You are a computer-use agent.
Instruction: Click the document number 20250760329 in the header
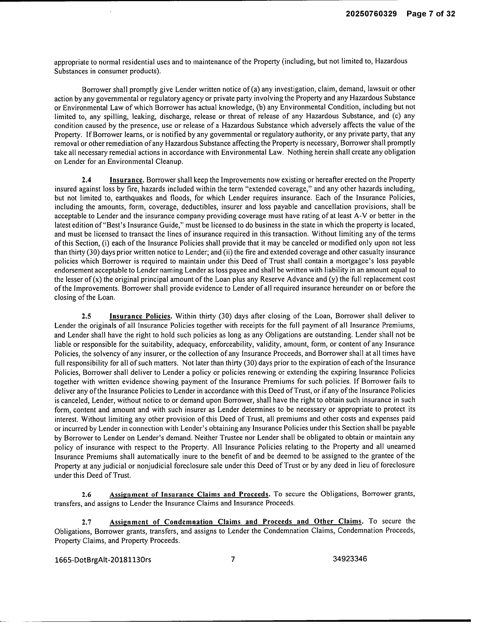[371, 14]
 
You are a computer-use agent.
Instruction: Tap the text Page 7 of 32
[431, 14]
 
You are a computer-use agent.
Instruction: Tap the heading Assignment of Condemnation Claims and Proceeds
[236, 522]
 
